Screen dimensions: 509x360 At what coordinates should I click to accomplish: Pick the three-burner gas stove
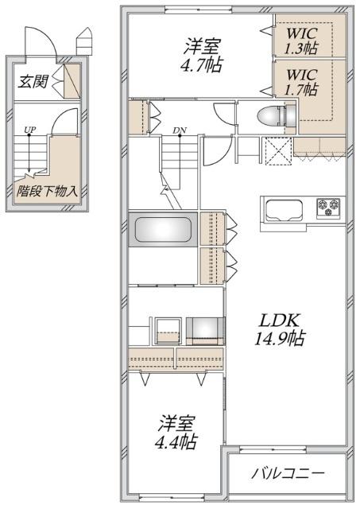(328, 209)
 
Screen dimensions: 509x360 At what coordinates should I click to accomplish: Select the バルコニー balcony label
(288, 474)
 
